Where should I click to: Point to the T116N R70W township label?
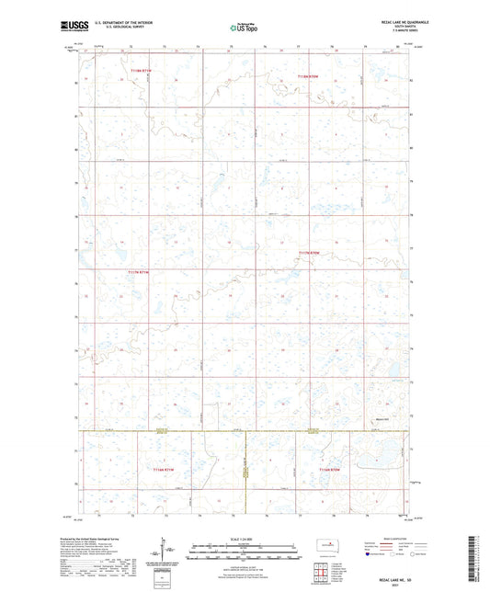(x=329, y=470)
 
